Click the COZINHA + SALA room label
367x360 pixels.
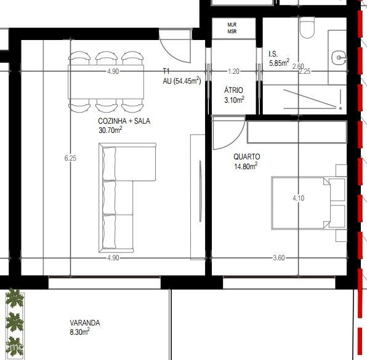[124, 121]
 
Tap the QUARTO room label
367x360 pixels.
[247, 157]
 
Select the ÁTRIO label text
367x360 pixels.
[233, 90]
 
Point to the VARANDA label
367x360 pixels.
[85, 323]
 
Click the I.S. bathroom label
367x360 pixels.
[273, 54]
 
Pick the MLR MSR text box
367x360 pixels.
[232, 28]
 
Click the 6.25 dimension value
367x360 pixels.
[70, 158]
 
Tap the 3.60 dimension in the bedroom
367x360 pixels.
[279, 258]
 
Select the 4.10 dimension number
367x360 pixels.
[299, 198]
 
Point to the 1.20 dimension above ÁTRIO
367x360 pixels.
[233, 71]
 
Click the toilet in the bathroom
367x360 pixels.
[307, 28]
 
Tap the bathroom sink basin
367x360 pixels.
[339, 57]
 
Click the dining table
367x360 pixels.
[106, 82]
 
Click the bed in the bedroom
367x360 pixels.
[309, 203]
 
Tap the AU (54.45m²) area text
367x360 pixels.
[182, 81]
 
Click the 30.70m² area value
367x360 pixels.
[110, 130]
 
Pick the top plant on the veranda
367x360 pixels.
[15, 298]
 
